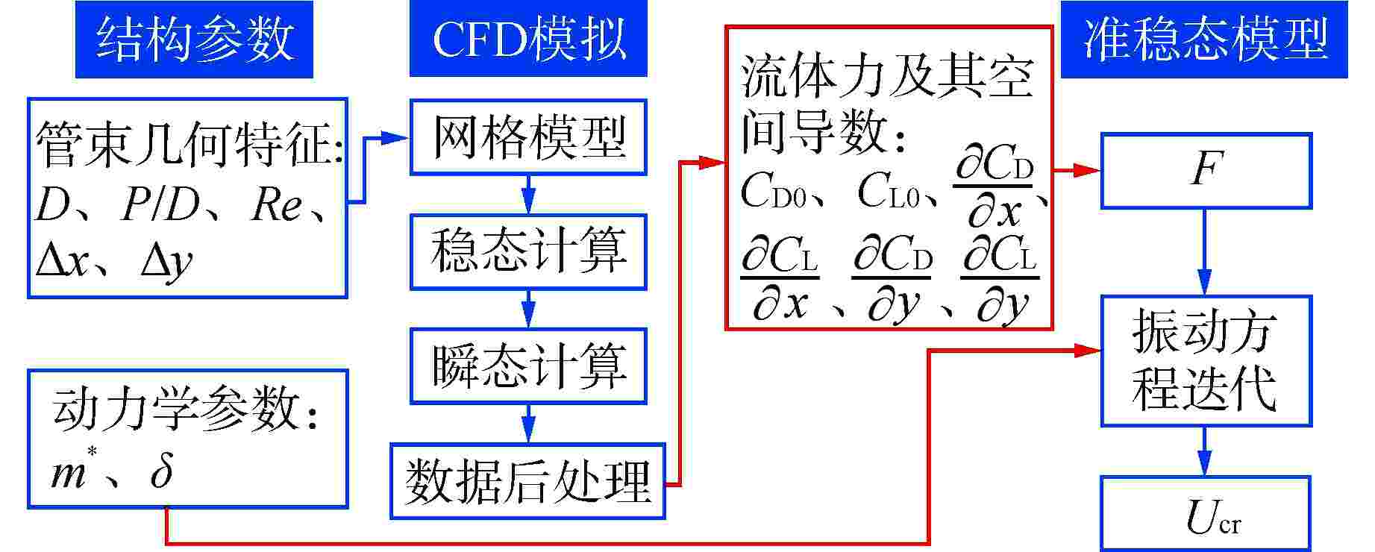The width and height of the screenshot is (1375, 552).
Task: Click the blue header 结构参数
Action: (194, 40)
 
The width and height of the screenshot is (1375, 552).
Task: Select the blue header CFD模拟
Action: (528, 40)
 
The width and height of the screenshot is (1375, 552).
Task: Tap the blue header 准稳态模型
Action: (1203, 40)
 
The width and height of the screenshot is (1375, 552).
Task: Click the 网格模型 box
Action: (528, 137)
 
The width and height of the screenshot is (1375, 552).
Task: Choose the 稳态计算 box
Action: (528, 251)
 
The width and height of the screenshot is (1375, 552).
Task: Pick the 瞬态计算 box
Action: (528, 366)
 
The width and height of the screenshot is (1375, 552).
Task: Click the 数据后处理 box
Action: (527, 481)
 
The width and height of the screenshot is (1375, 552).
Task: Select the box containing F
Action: (1206, 170)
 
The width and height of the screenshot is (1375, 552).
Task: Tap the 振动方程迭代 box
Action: (1206, 361)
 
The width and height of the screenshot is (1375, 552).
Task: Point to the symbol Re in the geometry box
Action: (276, 205)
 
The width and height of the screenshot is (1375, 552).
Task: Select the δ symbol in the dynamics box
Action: (161, 471)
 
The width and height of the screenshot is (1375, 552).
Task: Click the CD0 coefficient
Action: (773, 192)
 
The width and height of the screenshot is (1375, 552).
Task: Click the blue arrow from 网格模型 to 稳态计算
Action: (528, 195)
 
